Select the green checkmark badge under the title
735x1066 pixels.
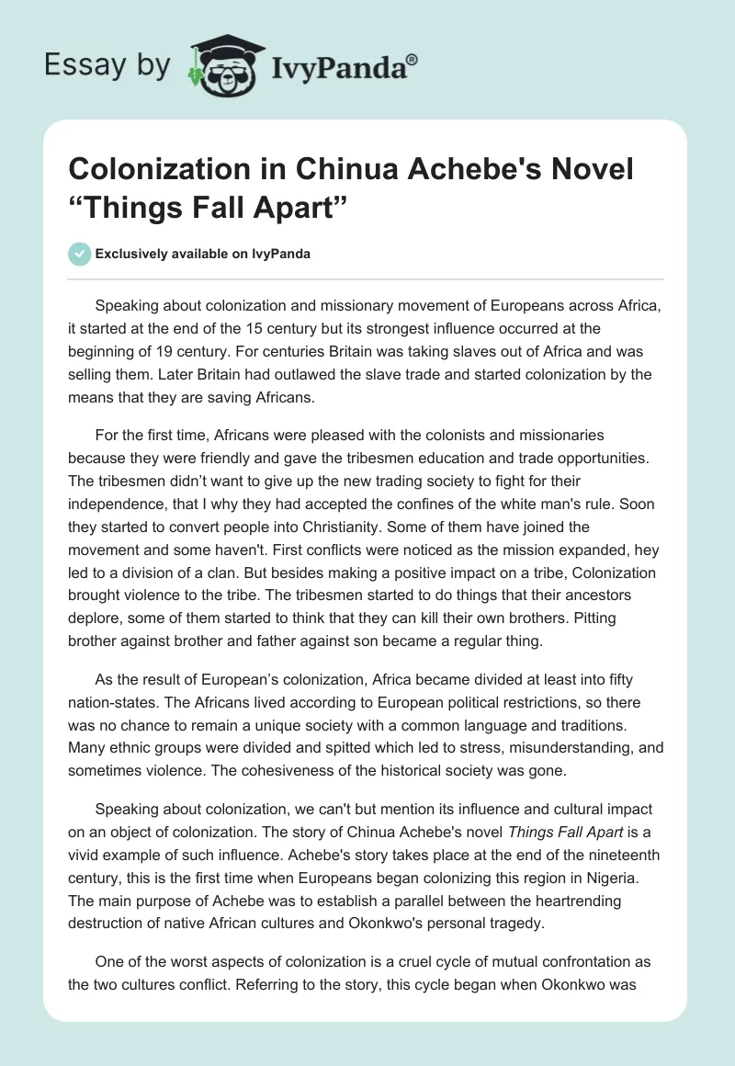coord(80,254)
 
